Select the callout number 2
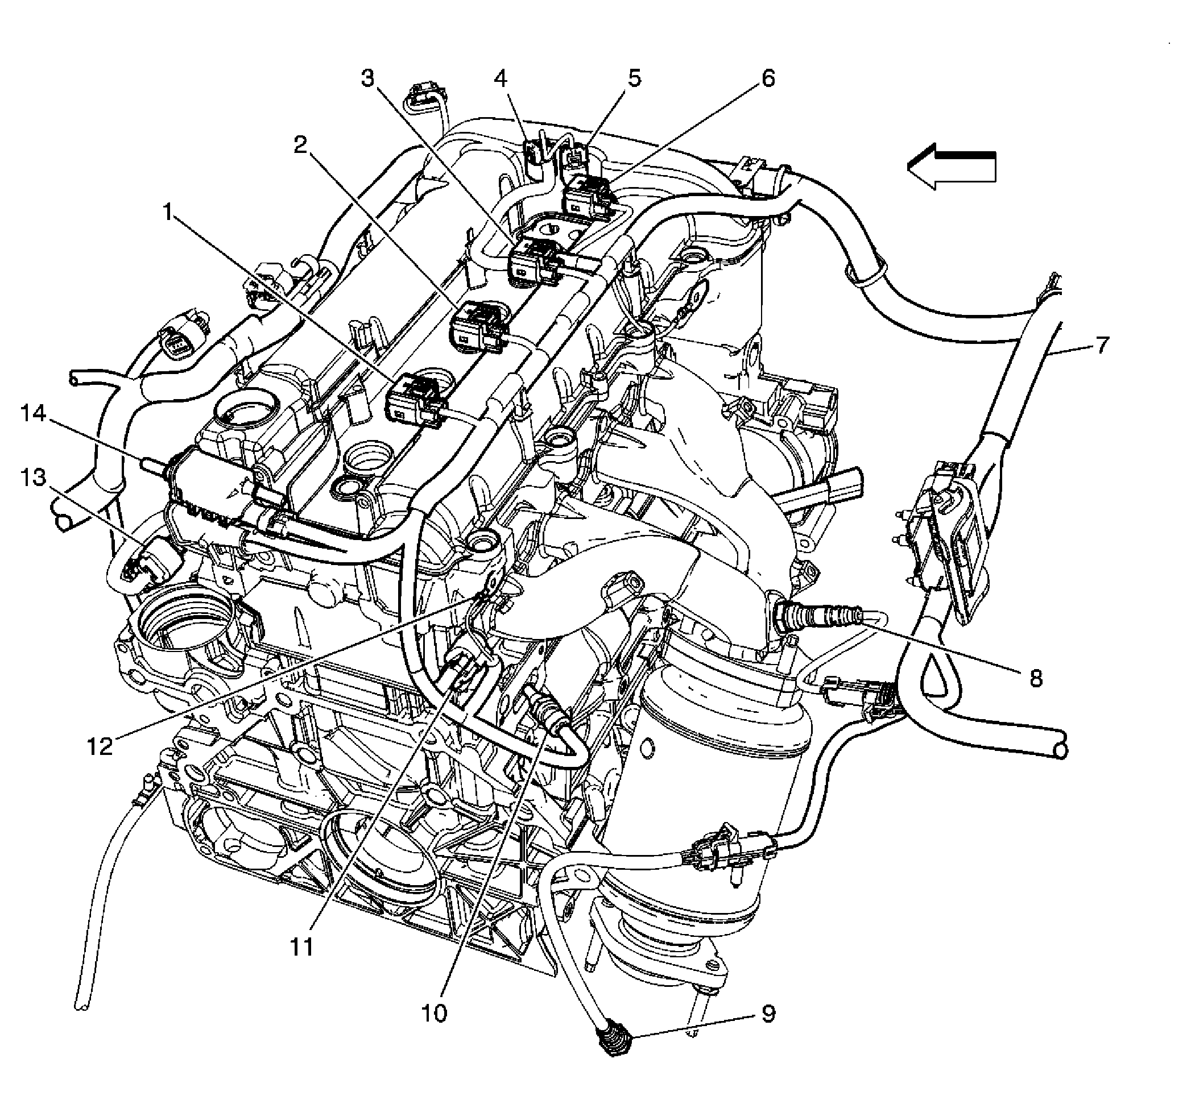(x=301, y=144)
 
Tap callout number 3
(x=368, y=78)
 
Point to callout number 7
(x=1102, y=344)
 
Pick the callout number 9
(x=768, y=1014)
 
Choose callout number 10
(x=433, y=1012)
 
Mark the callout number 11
(x=301, y=946)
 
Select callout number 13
(x=34, y=477)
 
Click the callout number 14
(x=34, y=413)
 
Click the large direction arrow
(x=952, y=166)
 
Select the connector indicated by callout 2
(x=480, y=326)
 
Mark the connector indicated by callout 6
(x=586, y=197)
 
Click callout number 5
(x=635, y=78)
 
